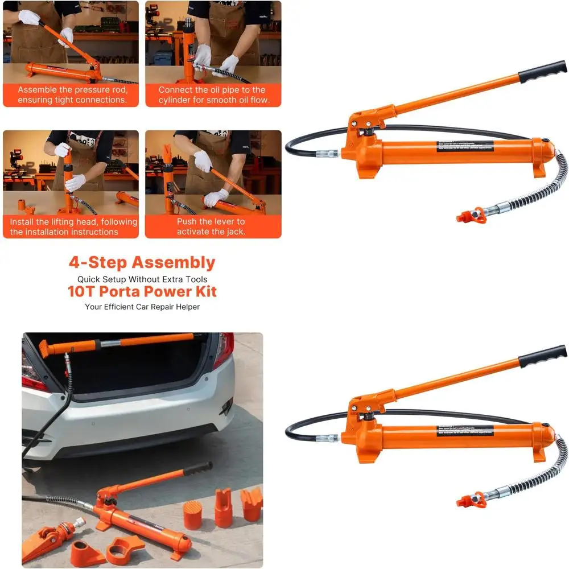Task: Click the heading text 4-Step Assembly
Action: coord(142,263)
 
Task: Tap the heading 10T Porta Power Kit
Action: coord(142,292)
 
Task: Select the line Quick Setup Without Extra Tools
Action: coord(142,279)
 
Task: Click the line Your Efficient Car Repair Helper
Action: coord(142,307)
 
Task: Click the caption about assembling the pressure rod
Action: coord(72,95)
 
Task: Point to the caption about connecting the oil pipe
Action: coord(212,95)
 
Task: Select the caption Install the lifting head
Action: coord(72,226)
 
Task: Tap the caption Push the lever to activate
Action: coord(211,226)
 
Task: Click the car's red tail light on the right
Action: coord(223,348)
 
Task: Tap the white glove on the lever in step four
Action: coord(216,197)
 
